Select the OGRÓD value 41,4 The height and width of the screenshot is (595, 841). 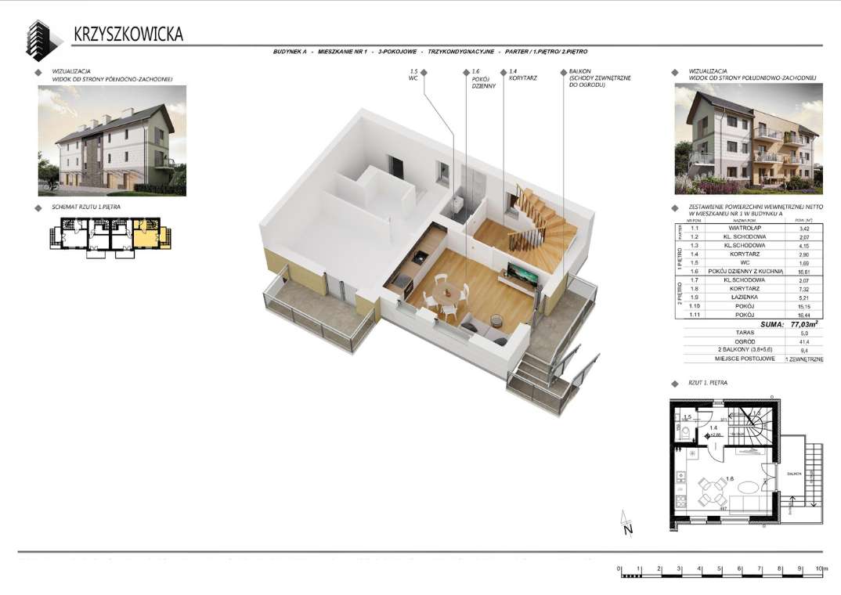click(x=803, y=342)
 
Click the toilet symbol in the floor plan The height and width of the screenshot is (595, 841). click(x=684, y=433)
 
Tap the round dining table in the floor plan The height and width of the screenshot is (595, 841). click(x=712, y=492)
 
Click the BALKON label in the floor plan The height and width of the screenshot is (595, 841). click(x=792, y=474)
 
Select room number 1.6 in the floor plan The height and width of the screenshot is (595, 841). click(x=730, y=478)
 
